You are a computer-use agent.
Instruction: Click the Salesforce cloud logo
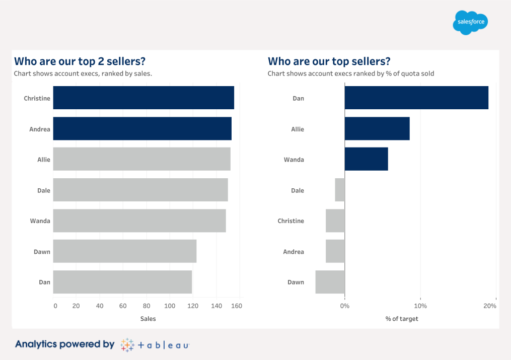coord(470,23)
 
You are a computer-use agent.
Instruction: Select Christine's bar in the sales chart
coord(143,98)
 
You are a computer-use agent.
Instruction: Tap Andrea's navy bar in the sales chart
coord(142,128)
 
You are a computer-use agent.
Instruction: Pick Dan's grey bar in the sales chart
coord(122,282)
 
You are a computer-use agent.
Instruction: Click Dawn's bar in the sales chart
coord(124,251)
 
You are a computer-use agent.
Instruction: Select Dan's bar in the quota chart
coord(416,98)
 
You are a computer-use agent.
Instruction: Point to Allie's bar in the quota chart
coord(377,128)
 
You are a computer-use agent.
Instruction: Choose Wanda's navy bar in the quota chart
coord(366,159)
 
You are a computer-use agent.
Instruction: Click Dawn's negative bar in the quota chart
coord(330,282)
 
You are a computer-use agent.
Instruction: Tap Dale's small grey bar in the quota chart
coord(340,190)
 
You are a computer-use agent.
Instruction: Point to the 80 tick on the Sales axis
coord(147,306)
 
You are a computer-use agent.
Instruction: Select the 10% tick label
coord(420,306)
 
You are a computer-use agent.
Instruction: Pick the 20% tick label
coord(490,306)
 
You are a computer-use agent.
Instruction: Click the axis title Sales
coord(148,319)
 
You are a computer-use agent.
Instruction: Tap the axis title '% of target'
coord(402,319)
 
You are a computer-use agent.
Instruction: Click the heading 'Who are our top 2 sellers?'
coord(80,61)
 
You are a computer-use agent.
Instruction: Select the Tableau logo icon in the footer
coord(127,345)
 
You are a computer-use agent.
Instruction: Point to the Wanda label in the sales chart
coord(40,221)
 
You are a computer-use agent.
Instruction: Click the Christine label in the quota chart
coord(290,221)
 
